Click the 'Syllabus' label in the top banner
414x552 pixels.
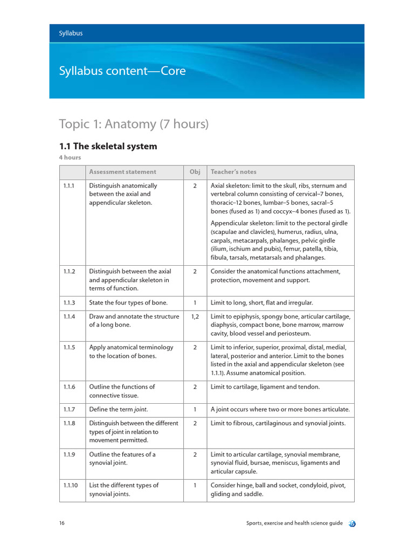[71, 33]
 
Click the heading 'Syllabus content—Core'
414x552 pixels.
[122, 71]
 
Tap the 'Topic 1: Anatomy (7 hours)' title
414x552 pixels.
[133, 124]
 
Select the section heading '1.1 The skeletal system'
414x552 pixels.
[108, 146]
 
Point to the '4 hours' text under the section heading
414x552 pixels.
[70, 157]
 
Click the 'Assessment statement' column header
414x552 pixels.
[122, 172]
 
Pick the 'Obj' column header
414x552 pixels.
[195, 172]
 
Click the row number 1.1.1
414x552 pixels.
[70, 185]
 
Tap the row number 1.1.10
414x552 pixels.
[71, 485]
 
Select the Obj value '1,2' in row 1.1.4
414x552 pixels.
[195, 316]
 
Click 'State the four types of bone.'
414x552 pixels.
[128, 302]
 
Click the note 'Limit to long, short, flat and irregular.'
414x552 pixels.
[261, 302]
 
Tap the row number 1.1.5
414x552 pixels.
[70, 347]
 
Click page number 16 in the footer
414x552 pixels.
[63, 523]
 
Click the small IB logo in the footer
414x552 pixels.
[352, 523]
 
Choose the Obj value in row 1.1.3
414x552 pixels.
[195, 302]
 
